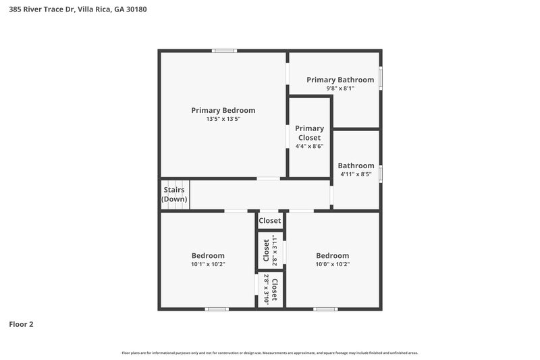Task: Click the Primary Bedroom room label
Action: [223, 110]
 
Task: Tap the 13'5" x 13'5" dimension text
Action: [223, 119]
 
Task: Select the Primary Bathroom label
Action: [340, 80]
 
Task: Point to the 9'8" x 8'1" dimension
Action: [340, 88]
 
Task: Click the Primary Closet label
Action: [310, 132]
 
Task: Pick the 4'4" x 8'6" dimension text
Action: [310, 146]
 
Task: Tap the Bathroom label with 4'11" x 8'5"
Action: [356, 165]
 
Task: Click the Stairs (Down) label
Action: [175, 195]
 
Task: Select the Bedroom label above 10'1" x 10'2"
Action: [207, 255]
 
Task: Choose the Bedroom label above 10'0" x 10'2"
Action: [333, 255]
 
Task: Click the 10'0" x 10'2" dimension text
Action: [333, 264]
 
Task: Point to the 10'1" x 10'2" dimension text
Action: [207, 264]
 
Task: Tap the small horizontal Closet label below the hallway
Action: [270, 221]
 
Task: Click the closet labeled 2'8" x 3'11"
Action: [270, 251]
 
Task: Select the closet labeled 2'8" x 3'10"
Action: [271, 290]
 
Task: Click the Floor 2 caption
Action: [21, 324]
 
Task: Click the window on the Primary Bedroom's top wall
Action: [223, 51]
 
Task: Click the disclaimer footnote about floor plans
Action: [269, 353]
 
